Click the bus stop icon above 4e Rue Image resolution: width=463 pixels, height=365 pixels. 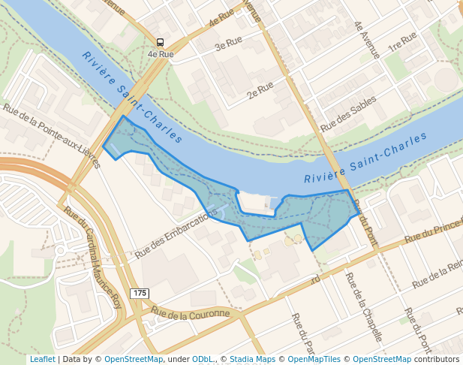(160, 43)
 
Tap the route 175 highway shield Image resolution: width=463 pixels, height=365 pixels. (139, 292)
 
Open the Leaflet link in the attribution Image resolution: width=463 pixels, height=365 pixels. (42, 359)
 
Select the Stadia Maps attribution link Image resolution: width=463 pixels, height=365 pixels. (252, 359)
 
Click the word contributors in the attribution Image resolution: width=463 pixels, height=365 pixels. (437, 359)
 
